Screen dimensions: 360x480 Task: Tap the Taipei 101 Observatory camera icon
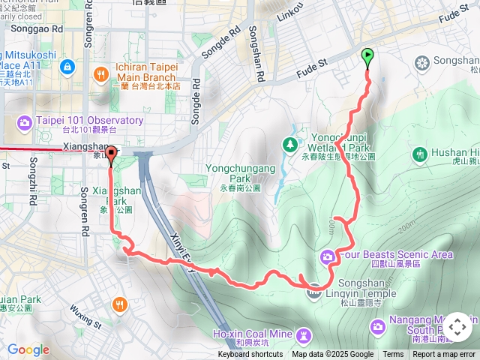point(25,121)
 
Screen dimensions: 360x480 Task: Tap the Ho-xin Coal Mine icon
point(303,334)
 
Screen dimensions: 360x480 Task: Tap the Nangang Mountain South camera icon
point(377,326)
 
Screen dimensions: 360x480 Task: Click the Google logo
point(28,349)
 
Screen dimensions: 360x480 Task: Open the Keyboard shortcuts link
point(250,355)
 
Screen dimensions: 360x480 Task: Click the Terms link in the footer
point(393,355)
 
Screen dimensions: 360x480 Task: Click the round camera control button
point(457,327)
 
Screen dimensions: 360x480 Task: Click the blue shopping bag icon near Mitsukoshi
point(67,67)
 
